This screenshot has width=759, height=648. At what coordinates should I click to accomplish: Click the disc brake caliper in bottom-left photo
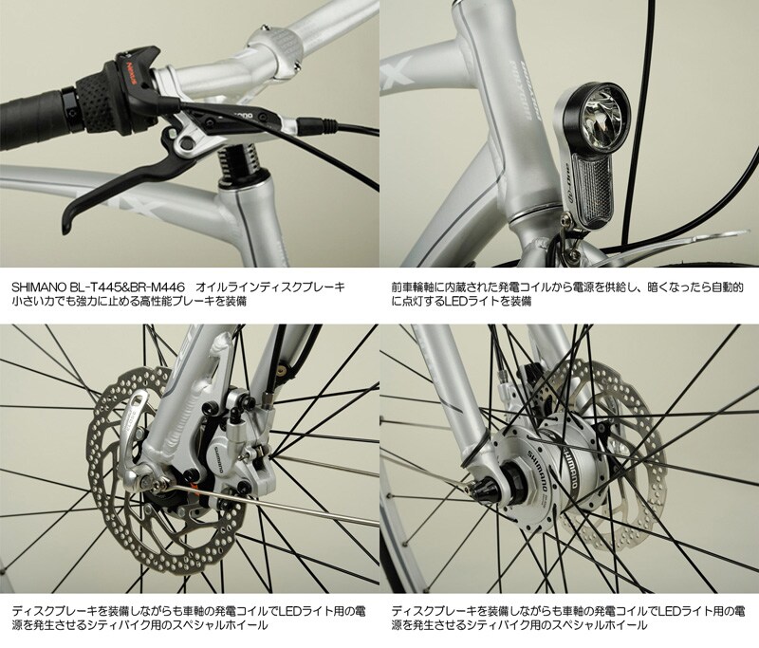[246, 456]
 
